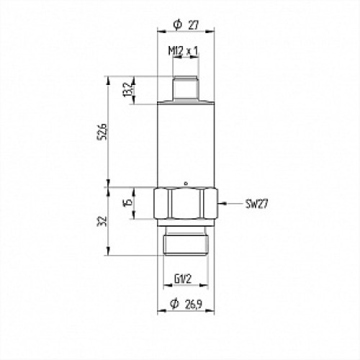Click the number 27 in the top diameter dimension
coord(194,24)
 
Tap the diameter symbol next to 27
coord(177,24)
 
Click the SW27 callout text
coord(256,204)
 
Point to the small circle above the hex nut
coord(186,183)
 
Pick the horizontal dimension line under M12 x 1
coord(186,59)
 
